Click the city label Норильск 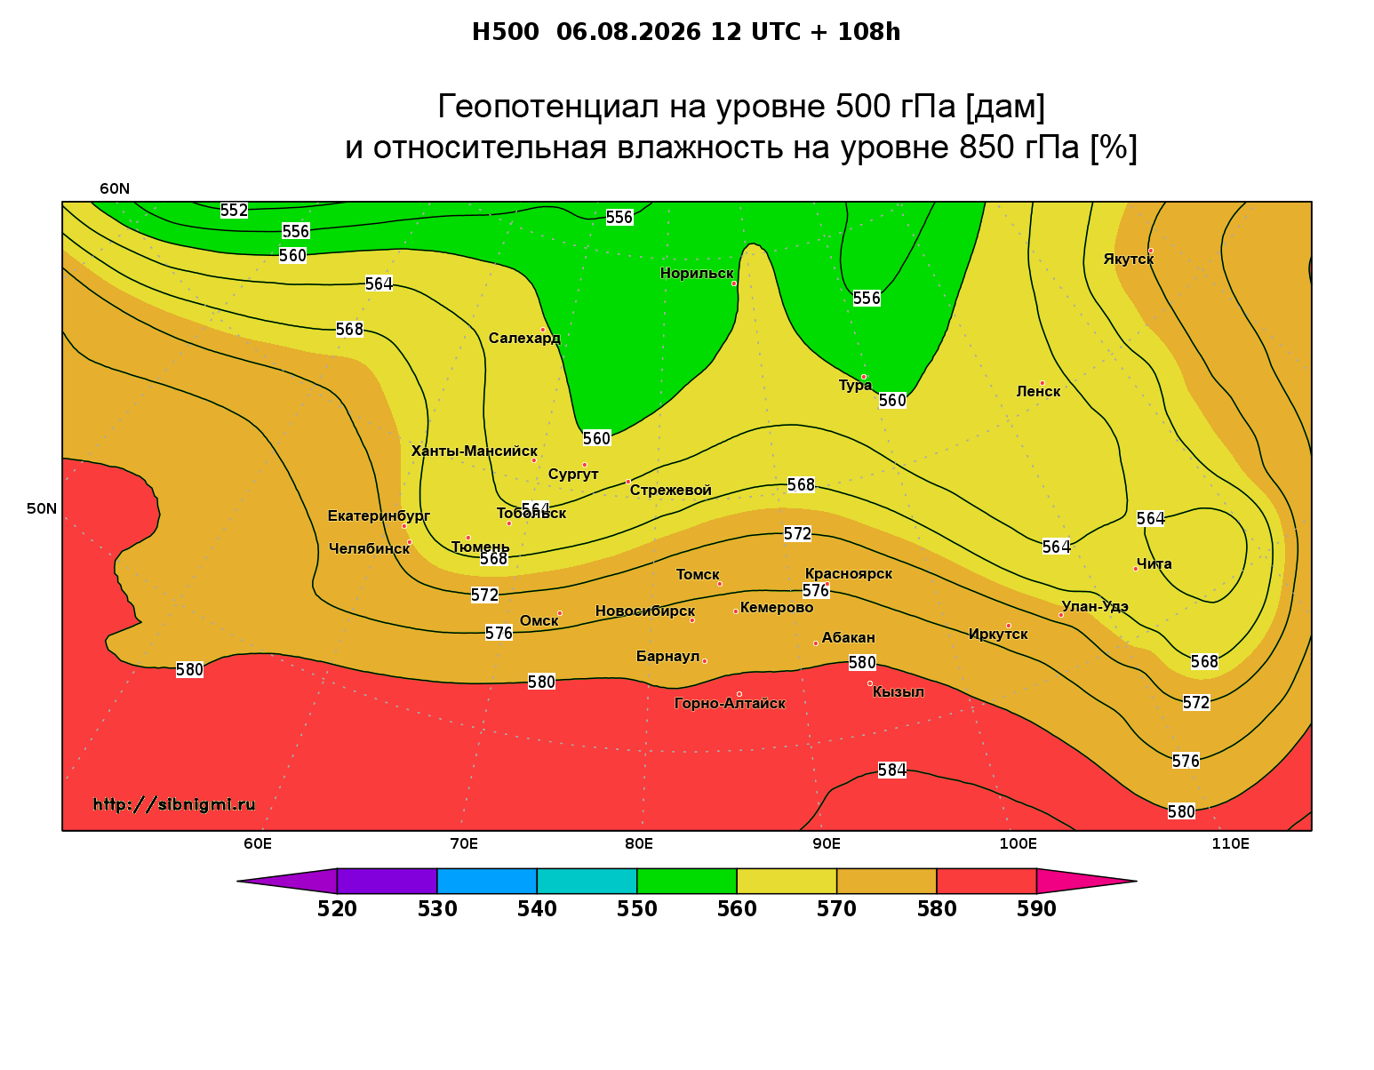click(697, 273)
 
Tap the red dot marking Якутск click(1150, 251)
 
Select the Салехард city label click(524, 338)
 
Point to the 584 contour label click(891, 770)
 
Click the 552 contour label click(234, 210)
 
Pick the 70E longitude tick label click(464, 843)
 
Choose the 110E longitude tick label click(1230, 843)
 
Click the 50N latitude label click(42, 508)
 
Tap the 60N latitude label click(115, 188)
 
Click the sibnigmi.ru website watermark click(174, 804)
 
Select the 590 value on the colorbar click(1036, 909)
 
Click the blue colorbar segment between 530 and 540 click(487, 881)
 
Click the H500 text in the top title click(505, 32)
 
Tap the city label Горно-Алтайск click(730, 704)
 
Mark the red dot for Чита click(1136, 569)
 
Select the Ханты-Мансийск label click(475, 451)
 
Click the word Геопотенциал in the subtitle click(548, 106)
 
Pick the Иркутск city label click(998, 634)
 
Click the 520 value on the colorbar click(337, 909)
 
